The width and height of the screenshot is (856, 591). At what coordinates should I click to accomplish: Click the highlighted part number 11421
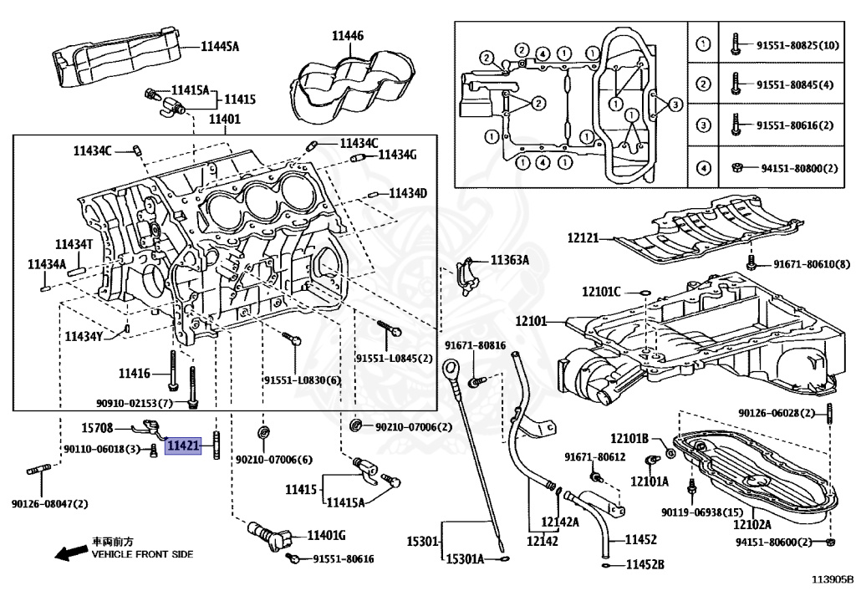(x=183, y=446)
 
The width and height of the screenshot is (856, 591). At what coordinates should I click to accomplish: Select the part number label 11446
(x=348, y=36)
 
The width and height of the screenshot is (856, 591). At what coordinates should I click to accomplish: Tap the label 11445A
(x=220, y=46)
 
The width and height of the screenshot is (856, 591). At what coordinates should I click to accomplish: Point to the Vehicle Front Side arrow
(x=72, y=553)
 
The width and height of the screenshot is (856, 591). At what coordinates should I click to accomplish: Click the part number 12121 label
(x=583, y=238)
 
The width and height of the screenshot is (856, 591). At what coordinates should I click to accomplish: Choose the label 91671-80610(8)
(x=812, y=264)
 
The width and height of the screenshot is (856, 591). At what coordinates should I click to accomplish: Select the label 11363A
(x=509, y=260)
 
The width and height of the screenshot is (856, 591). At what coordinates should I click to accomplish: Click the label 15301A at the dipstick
(x=465, y=558)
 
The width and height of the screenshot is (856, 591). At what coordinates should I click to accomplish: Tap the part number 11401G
(x=327, y=535)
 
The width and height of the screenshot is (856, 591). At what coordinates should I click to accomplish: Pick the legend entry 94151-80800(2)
(x=799, y=168)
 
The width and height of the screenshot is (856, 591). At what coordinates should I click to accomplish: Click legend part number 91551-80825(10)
(x=797, y=45)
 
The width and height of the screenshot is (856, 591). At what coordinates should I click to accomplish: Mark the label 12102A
(x=752, y=524)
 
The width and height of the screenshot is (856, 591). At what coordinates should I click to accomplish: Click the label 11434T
(x=74, y=244)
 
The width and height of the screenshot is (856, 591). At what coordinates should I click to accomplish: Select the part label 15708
(x=97, y=428)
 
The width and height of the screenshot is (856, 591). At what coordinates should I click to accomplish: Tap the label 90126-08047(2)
(x=49, y=504)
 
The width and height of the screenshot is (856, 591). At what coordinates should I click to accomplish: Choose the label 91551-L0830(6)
(x=302, y=380)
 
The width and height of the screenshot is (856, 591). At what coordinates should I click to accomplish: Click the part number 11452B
(x=645, y=564)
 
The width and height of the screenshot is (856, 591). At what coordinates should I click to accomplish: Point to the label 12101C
(x=601, y=292)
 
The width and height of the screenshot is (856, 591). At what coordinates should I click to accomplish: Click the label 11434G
(x=397, y=155)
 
